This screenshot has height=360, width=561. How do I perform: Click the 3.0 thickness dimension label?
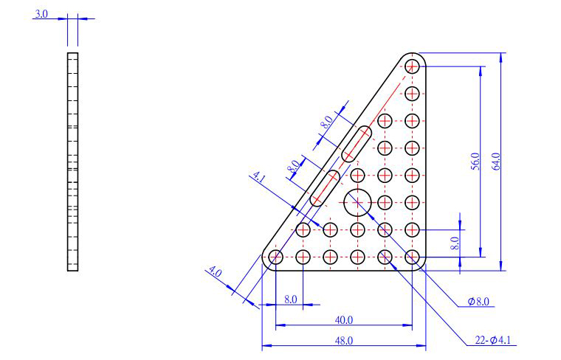point(41,14)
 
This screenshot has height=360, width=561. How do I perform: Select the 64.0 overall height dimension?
point(496,162)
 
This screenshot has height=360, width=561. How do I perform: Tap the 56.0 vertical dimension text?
point(475,162)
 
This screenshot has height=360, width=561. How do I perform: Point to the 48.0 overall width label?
point(344,341)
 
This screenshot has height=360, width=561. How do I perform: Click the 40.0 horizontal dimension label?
point(344,320)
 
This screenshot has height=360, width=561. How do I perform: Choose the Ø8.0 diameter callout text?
point(478,302)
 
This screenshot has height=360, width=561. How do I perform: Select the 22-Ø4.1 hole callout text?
point(492,340)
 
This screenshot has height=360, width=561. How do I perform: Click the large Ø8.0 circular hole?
point(357,203)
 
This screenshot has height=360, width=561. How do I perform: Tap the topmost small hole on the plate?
point(412,66)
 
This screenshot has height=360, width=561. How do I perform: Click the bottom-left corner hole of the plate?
point(275,257)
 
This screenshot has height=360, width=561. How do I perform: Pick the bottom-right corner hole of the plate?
point(412,257)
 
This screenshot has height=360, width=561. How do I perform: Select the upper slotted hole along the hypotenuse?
point(357,144)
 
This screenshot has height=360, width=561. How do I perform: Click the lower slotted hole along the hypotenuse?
point(325,188)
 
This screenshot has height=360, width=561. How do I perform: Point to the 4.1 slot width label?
point(259,177)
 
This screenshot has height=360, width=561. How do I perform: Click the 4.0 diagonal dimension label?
point(216,272)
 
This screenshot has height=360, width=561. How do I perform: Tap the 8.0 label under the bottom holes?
point(291,300)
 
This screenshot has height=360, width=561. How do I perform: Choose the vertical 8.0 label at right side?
point(455,243)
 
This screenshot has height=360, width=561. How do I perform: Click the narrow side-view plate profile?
point(72,162)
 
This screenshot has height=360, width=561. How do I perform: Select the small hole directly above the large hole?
point(357,175)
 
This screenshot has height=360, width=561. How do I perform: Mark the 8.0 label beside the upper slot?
point(326,122)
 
